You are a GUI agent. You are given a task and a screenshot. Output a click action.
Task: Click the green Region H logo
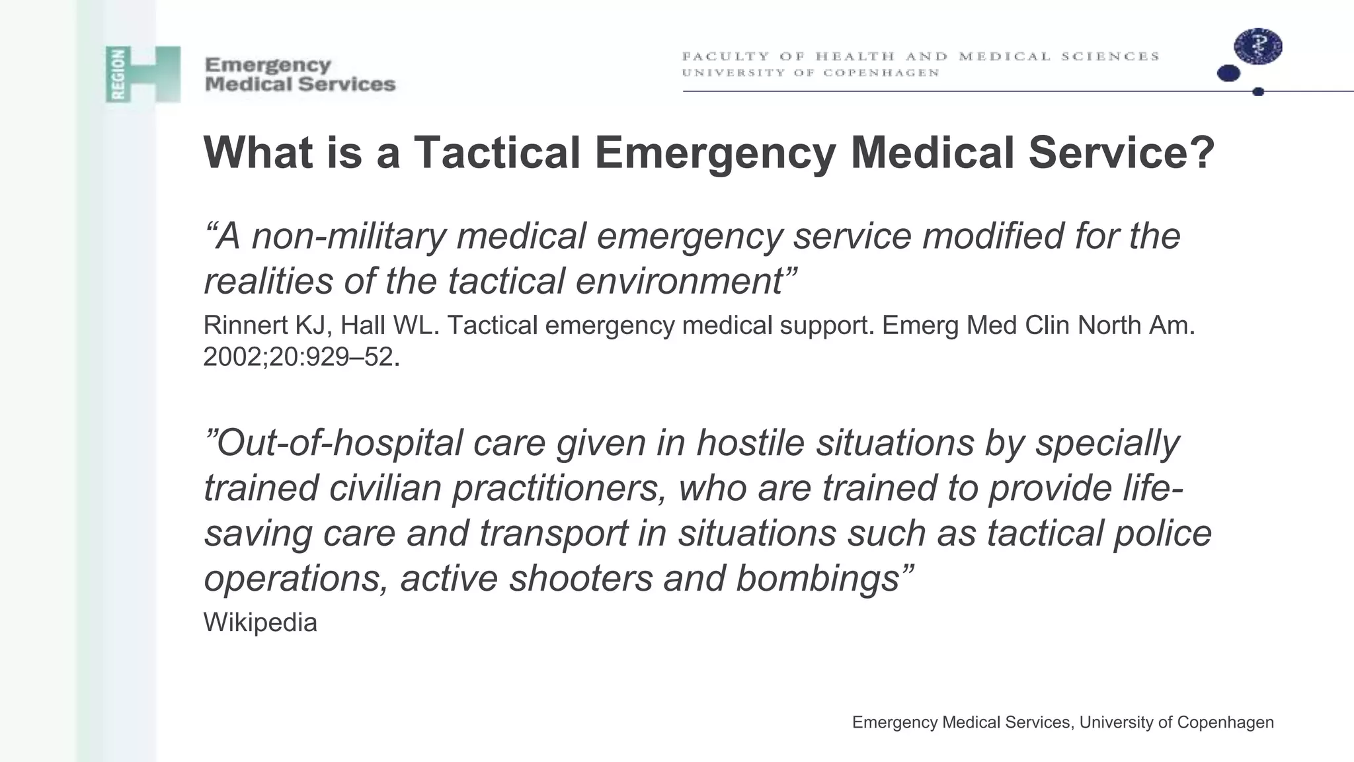coord(143,74)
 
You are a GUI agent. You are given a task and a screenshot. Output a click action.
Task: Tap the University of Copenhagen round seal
coord(1257,47)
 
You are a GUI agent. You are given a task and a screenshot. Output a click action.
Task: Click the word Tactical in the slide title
coord(497,153)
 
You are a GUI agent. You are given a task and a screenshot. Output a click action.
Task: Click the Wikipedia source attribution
coord(260,622)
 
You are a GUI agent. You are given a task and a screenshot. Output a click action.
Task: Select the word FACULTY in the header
coord(725,56)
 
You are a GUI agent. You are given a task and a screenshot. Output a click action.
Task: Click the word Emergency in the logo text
coord(268,65)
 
